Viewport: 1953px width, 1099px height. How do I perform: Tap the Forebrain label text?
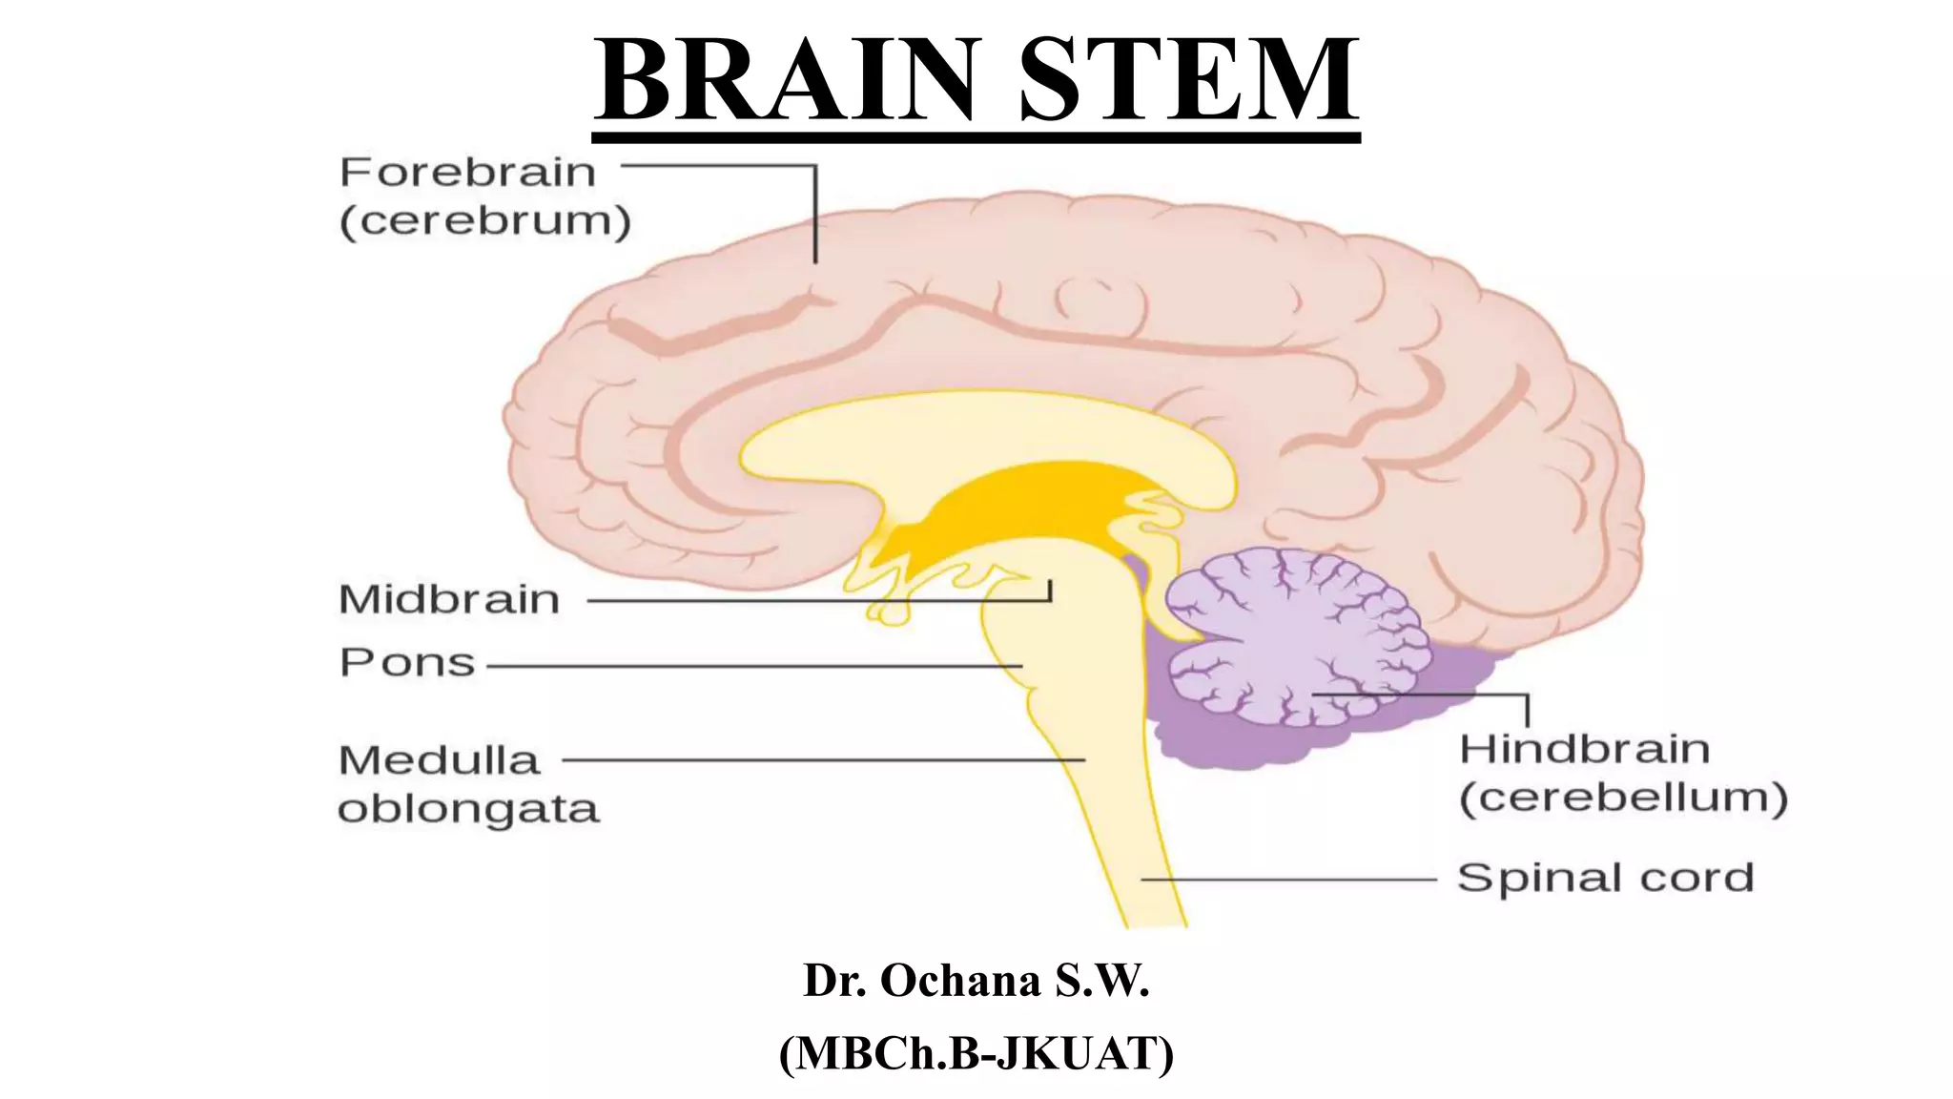pos(467,173)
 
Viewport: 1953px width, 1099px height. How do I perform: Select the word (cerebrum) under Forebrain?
pos(485,221)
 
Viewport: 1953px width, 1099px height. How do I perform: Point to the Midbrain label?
pos(449,600)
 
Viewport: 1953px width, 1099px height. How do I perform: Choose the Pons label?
pos(407,663)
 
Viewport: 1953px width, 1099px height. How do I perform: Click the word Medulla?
pos(440,761)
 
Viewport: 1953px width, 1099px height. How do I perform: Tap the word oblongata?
pos(468,809)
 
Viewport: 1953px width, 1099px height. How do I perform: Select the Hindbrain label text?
pos(1584,750)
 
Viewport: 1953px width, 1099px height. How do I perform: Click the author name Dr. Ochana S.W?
pos(976,981)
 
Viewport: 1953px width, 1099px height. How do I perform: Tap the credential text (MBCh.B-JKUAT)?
pos(976,1054)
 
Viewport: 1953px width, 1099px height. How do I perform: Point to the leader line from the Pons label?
pos(753,666)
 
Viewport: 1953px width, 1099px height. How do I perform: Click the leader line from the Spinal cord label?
pos(1287,879)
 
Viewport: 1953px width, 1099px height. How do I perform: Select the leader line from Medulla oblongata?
pos(820,760)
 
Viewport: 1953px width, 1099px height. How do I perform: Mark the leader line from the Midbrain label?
pos(811,601)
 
